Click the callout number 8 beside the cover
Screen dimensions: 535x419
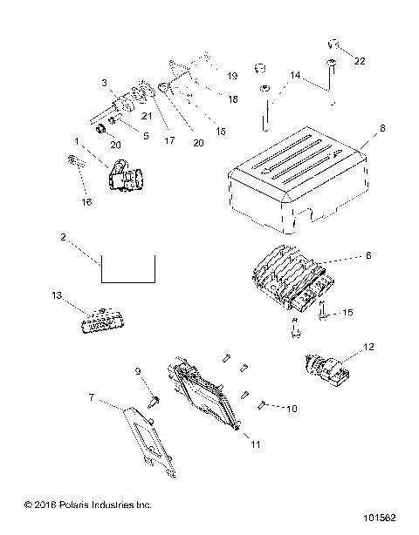click(381, 129)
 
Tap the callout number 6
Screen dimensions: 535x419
click(367, 256)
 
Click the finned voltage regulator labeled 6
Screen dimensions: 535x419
click(288, 281)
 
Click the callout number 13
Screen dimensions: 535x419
click(58, 296)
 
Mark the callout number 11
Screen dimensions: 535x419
click(256, 445)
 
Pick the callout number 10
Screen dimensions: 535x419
click(292, 408)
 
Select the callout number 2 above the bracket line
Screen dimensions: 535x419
click(64, 238)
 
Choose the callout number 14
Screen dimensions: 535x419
click(297, 77)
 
